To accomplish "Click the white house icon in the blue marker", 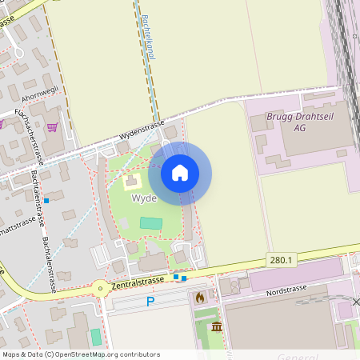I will point(180,173).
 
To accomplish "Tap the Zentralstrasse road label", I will point(138,281).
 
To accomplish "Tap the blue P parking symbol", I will point(150,302).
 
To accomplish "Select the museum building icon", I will point(217,326).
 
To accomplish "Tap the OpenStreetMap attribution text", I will point(80,354).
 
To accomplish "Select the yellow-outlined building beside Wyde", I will point(130,182).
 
